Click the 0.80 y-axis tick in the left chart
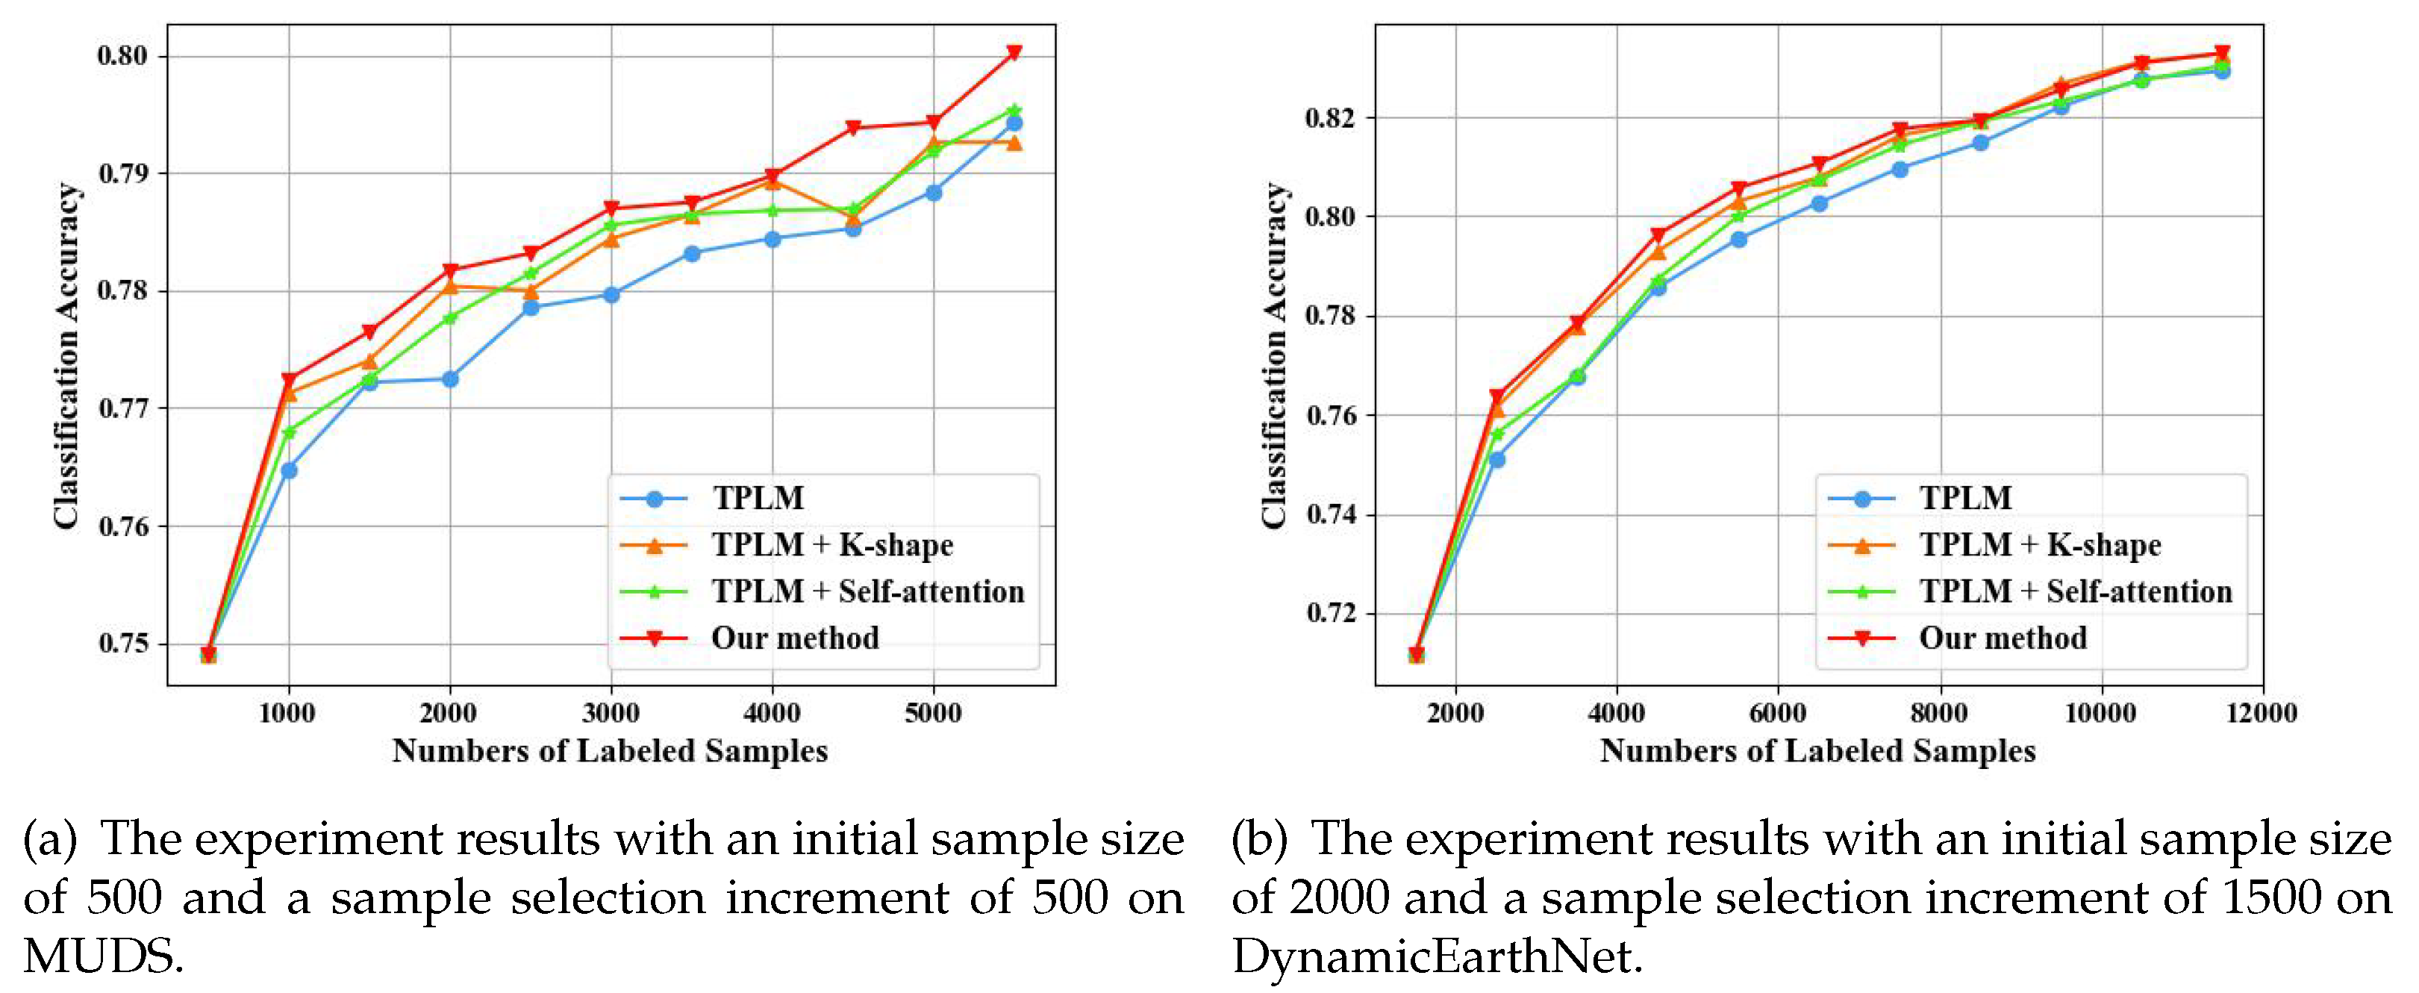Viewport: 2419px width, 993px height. point(122,55)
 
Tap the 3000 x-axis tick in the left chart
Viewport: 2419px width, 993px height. point(611,713)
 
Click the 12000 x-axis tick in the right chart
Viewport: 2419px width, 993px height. point(2262,713)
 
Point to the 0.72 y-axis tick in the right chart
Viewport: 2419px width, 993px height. point(1332,614)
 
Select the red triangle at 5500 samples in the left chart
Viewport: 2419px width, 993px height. point(1014,52)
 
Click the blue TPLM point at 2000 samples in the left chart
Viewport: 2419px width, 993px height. point(450,379)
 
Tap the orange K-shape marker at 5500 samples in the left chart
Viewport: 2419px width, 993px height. point(1014,143)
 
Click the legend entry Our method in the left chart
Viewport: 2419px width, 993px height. point(794,638)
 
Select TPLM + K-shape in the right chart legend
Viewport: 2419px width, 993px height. point(2040,545)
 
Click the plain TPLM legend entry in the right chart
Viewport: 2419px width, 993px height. point(1964,498)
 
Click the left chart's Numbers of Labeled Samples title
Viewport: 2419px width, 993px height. point(610,750)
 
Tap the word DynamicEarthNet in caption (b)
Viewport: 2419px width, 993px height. point(1437,956)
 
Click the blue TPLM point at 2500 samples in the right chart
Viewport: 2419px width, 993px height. point(1496,459)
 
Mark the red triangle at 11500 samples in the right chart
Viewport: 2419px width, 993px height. point(2222,52)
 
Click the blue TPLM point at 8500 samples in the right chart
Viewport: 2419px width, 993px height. point(1980,143)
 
